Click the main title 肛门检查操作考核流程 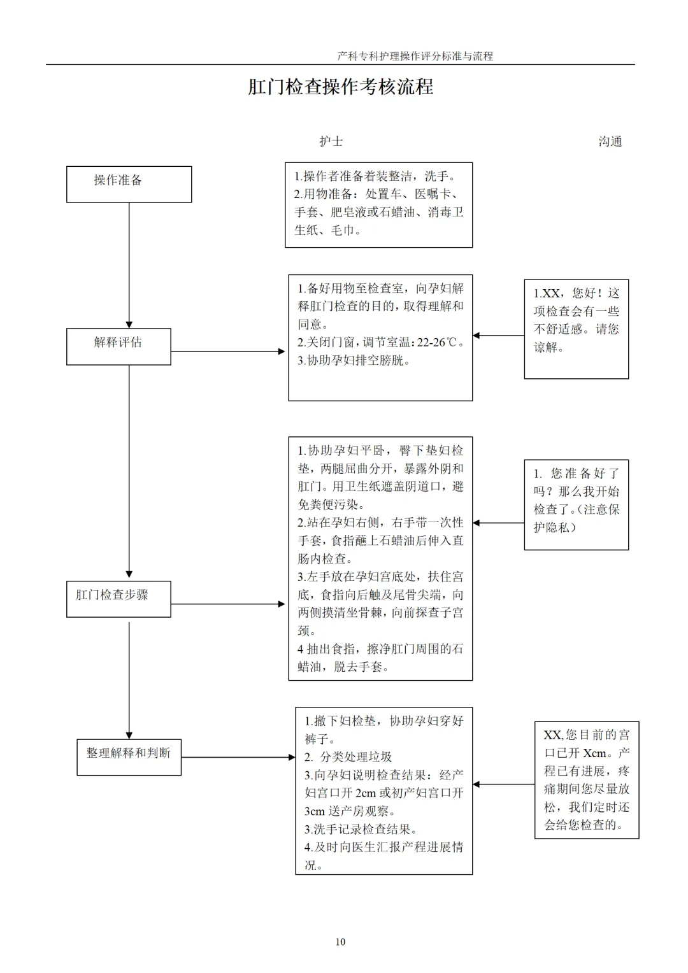tap(340, 87)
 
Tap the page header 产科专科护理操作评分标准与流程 tap(415, 56)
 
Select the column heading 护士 tap(331, 141)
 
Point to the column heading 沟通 tap(610, 141)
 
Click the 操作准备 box tap(129, 184)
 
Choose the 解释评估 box tap(118, 346)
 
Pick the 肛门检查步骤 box tap(118, 599)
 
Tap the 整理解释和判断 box tap(129, 757)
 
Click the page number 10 tap(340, 942)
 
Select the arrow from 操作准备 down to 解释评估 tap(129, 266)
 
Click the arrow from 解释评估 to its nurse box tap(227, 352)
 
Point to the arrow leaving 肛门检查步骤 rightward tap(227, 604)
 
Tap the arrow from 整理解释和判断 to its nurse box tap(238, 758)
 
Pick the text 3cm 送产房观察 tap(350, 811)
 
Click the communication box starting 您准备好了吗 tap(577, 505)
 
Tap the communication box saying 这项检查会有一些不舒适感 tap(577, 329)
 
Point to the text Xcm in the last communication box tap(594, 753)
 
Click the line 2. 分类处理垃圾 tap(348, 757)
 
